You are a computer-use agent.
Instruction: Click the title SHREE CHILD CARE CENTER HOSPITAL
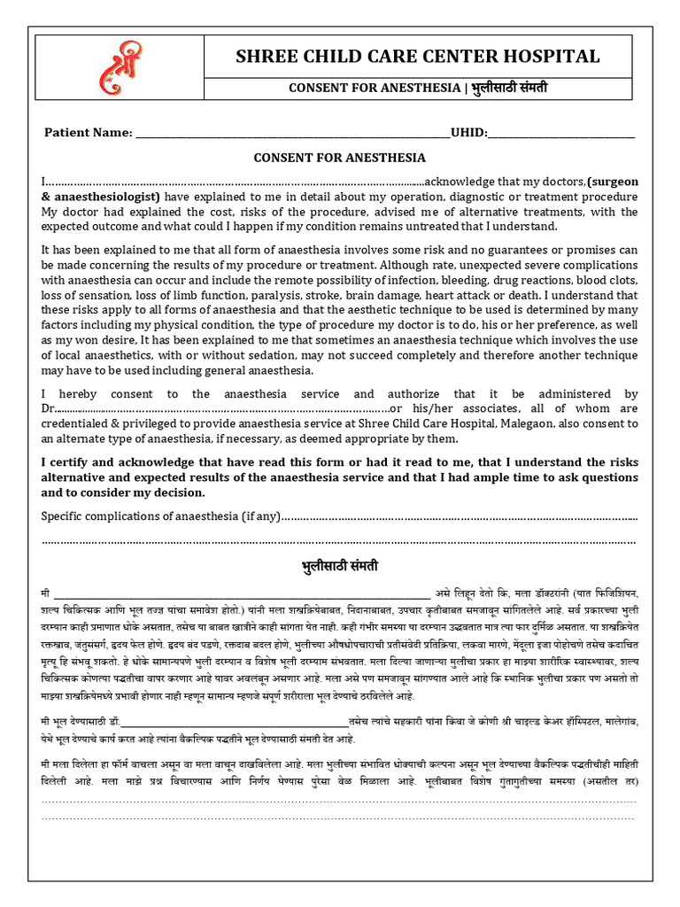pos(417,57)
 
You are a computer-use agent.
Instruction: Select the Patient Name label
pos(88,133)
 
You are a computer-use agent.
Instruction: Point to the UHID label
pos(468,133)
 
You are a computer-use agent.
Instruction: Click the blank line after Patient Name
pos(292,135)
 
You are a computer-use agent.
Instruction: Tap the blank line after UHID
pos(562,135)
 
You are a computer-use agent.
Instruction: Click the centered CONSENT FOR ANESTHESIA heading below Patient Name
pos(340,158)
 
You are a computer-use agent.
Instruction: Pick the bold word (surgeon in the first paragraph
pos(612,182)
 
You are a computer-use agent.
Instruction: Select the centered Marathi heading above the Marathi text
pos(340,565)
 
